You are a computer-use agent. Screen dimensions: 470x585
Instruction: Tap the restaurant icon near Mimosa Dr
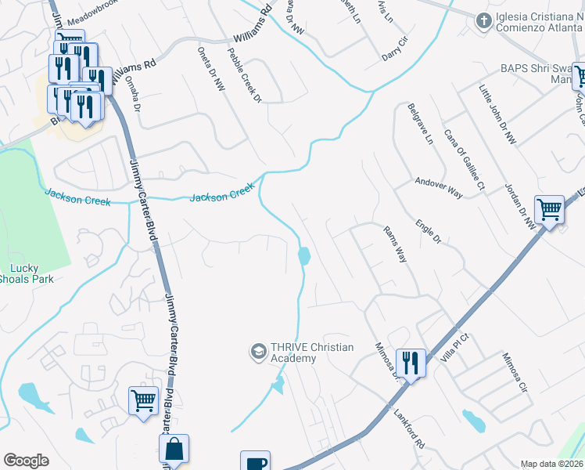pos(410,363)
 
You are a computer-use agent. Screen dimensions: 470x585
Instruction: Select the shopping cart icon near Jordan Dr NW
pos(549,210)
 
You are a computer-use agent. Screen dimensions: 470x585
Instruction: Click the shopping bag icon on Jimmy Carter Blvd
pos(174,450)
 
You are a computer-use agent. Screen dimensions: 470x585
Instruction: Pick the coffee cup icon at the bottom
pos(255,462)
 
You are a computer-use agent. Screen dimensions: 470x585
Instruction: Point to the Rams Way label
pos(395,244)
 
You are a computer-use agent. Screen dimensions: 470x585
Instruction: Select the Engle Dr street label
pos(429,231)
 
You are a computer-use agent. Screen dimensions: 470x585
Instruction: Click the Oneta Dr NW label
pos(213,69)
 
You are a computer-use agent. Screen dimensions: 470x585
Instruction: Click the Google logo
pos(27,461)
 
